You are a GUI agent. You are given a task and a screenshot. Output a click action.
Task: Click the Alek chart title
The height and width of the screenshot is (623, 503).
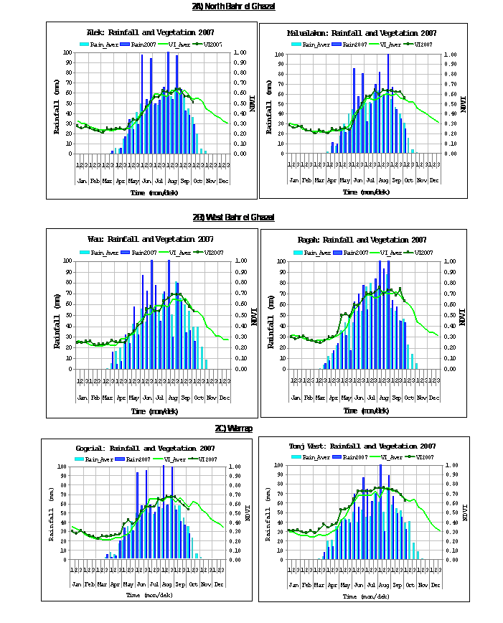pos(151,33)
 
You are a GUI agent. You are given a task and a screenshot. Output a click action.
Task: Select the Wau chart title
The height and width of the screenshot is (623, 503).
pos(151,239)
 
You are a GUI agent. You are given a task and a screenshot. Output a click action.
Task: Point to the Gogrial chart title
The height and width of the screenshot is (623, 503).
pos(146,448)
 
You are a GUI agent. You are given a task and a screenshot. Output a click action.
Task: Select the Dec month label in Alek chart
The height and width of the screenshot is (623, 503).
pos(223,180)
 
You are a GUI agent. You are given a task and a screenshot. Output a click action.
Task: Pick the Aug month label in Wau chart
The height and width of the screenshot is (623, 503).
pos(172,397)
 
